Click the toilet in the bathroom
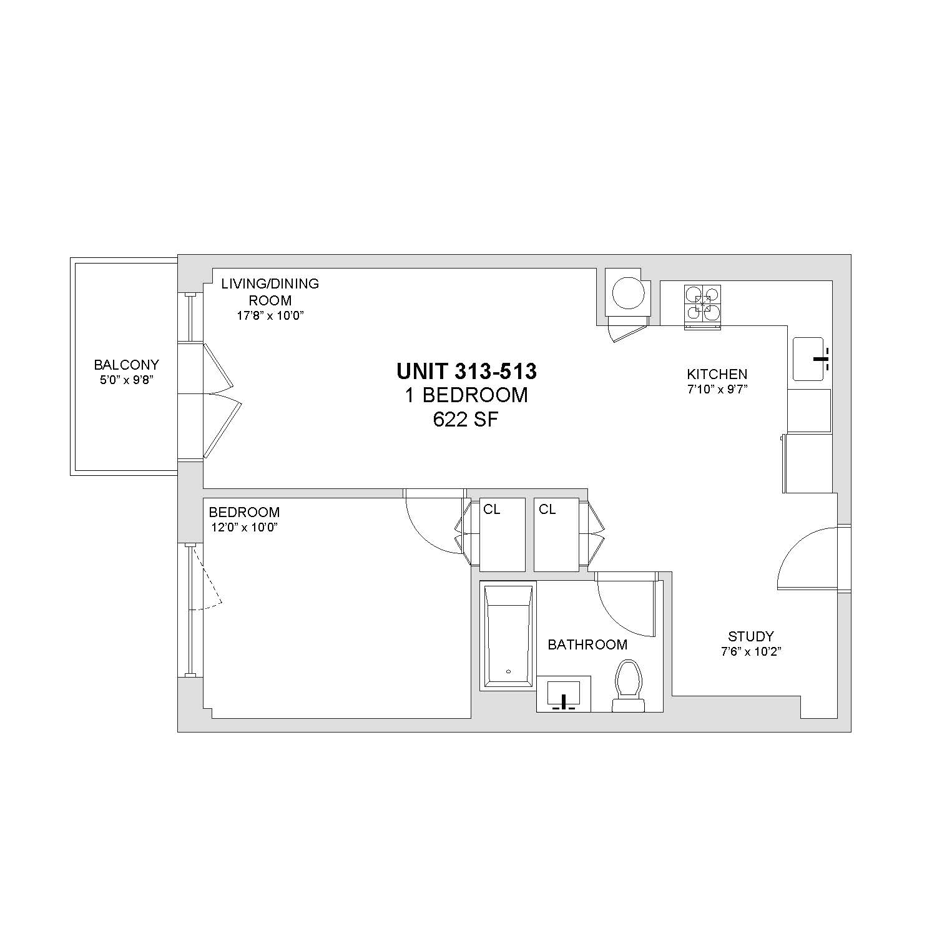coord(628,686)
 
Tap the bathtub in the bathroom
coord(509,636)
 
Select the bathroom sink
coord(564,695)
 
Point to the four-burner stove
coord(703,306)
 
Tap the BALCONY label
coord(127,365)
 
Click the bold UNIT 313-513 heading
coord(466,372)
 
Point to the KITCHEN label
coord(717,374)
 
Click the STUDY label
coord(751,636)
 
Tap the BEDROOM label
coord(244,512)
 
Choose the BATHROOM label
coord(587,644)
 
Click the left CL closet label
coord(492,510)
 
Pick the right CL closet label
coord(547,510)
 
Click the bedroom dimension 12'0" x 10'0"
coord(244,527)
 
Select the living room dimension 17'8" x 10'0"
coord(270,315)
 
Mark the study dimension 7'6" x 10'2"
coord(751,651)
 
